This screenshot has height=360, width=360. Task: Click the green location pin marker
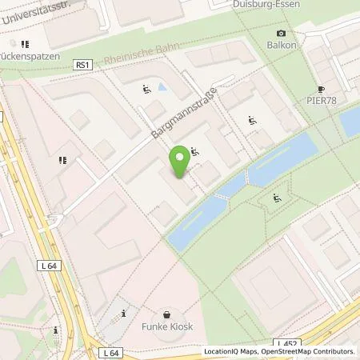pyautogui.click(x=180, y=161)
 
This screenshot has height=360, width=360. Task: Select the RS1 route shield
pyautogui.click(x=82, y=64)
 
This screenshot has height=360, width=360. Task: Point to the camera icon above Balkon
pyautogui.click(x=281, y=33)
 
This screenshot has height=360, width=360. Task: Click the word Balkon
pyautogui.click(x=281, y=45)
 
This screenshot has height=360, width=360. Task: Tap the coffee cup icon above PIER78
pyautogui.click(x=322, y=90)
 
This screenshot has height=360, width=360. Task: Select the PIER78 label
pyautogui.click(x=322, y=102)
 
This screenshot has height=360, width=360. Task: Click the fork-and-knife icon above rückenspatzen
pyautogui.click(x=25, y=44)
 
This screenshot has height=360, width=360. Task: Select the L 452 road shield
pyautogui.click(x=287, y=343)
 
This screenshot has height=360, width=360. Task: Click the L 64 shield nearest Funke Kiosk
pyautogui.click(x=110, y=352)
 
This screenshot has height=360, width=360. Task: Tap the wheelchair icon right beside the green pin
pyautogui.click(x=195, y=150)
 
